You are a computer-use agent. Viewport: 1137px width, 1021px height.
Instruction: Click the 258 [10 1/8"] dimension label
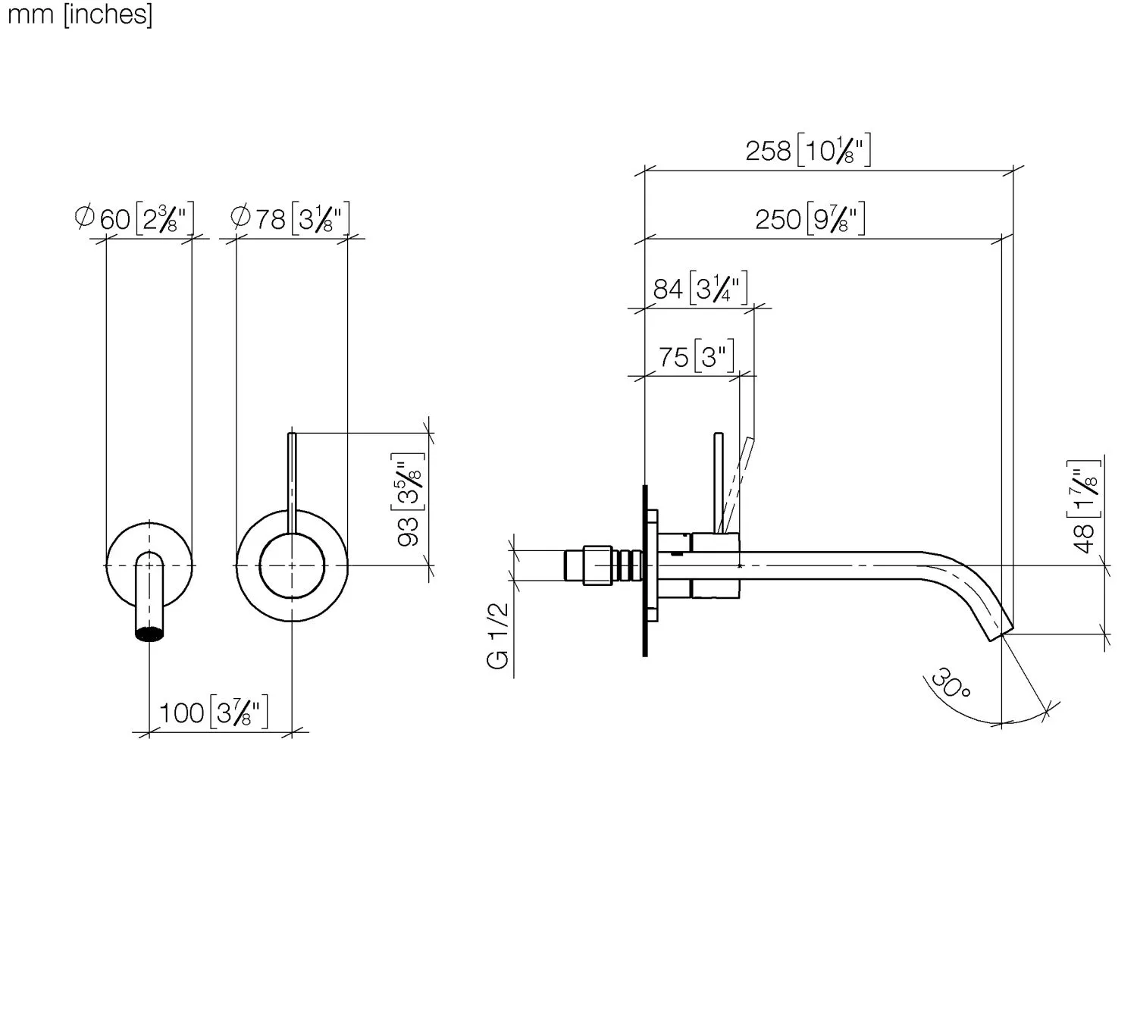[807, 150]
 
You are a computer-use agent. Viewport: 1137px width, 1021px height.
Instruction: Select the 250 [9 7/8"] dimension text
[810, 218]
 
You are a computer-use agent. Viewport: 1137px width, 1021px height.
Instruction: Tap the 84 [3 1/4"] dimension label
[700, 288]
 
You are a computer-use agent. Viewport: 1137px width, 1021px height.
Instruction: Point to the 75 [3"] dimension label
[696, 356]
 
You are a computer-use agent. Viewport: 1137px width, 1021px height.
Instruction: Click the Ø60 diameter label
[134, 218]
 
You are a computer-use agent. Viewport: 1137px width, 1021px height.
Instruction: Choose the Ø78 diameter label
[290, 218]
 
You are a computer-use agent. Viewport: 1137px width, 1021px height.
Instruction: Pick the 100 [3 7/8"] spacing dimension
[214, 713]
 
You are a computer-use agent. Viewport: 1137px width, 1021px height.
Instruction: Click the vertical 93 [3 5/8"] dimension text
[408, 499]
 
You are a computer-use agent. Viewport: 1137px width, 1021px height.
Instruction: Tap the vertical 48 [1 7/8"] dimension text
[1083, 506]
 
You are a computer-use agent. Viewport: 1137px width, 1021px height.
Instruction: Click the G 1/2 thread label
[498, 636]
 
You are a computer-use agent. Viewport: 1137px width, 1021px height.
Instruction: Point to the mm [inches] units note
[80, 14]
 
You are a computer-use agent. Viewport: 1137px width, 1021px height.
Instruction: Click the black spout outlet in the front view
[150, 634]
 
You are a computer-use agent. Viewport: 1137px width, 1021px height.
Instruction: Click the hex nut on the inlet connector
[597, 565]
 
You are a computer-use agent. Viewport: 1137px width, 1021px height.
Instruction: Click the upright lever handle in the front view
[292, 483]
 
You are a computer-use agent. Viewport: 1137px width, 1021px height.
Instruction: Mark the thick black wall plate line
[645, 570]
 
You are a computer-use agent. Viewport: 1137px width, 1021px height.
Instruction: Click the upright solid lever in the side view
[719, 483]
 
